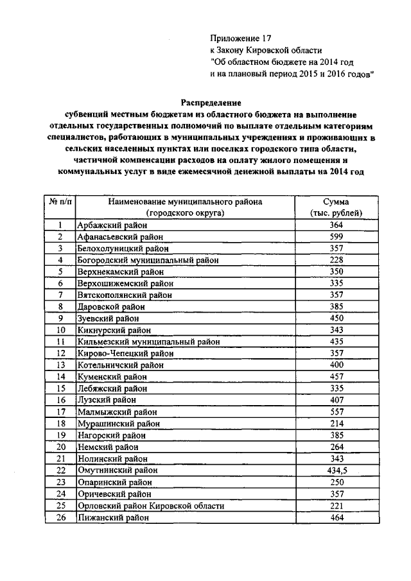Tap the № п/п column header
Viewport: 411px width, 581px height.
point(60,201)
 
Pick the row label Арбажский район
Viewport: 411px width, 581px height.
point(112,225)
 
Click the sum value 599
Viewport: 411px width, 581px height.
point(336,236)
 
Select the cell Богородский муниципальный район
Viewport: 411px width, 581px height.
point(148,260)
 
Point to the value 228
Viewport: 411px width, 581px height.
point(336,260)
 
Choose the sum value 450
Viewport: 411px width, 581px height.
point(336,318)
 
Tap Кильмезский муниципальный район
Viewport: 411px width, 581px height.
point(148,342)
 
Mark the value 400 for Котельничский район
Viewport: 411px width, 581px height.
point(336,365)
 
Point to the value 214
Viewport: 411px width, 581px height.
point(336,424)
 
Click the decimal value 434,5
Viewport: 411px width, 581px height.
point(336,471)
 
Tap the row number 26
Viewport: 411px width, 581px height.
point(60,517)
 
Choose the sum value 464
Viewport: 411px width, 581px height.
point(336,517)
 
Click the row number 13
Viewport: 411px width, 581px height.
point(60,365)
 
